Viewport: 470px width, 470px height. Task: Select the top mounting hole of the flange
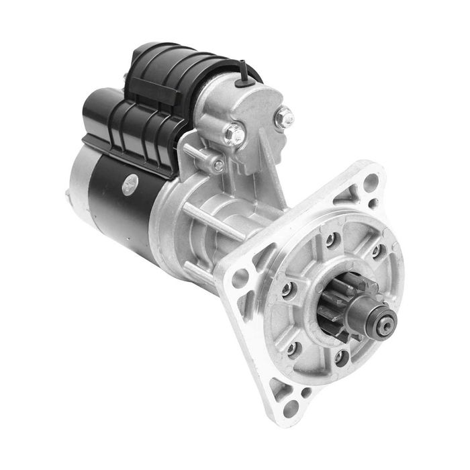pyautogui.click(x=371, y=179)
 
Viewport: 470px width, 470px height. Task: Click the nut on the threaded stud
pyautogui.click(x=284, y=118)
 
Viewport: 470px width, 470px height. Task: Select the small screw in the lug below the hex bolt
pyautogui.click(x=218, y=164)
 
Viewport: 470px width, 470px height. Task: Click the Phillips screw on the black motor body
pyautogui.click(x=129, y=183)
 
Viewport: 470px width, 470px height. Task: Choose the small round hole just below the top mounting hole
pyautogui.click(x=373, y=202)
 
